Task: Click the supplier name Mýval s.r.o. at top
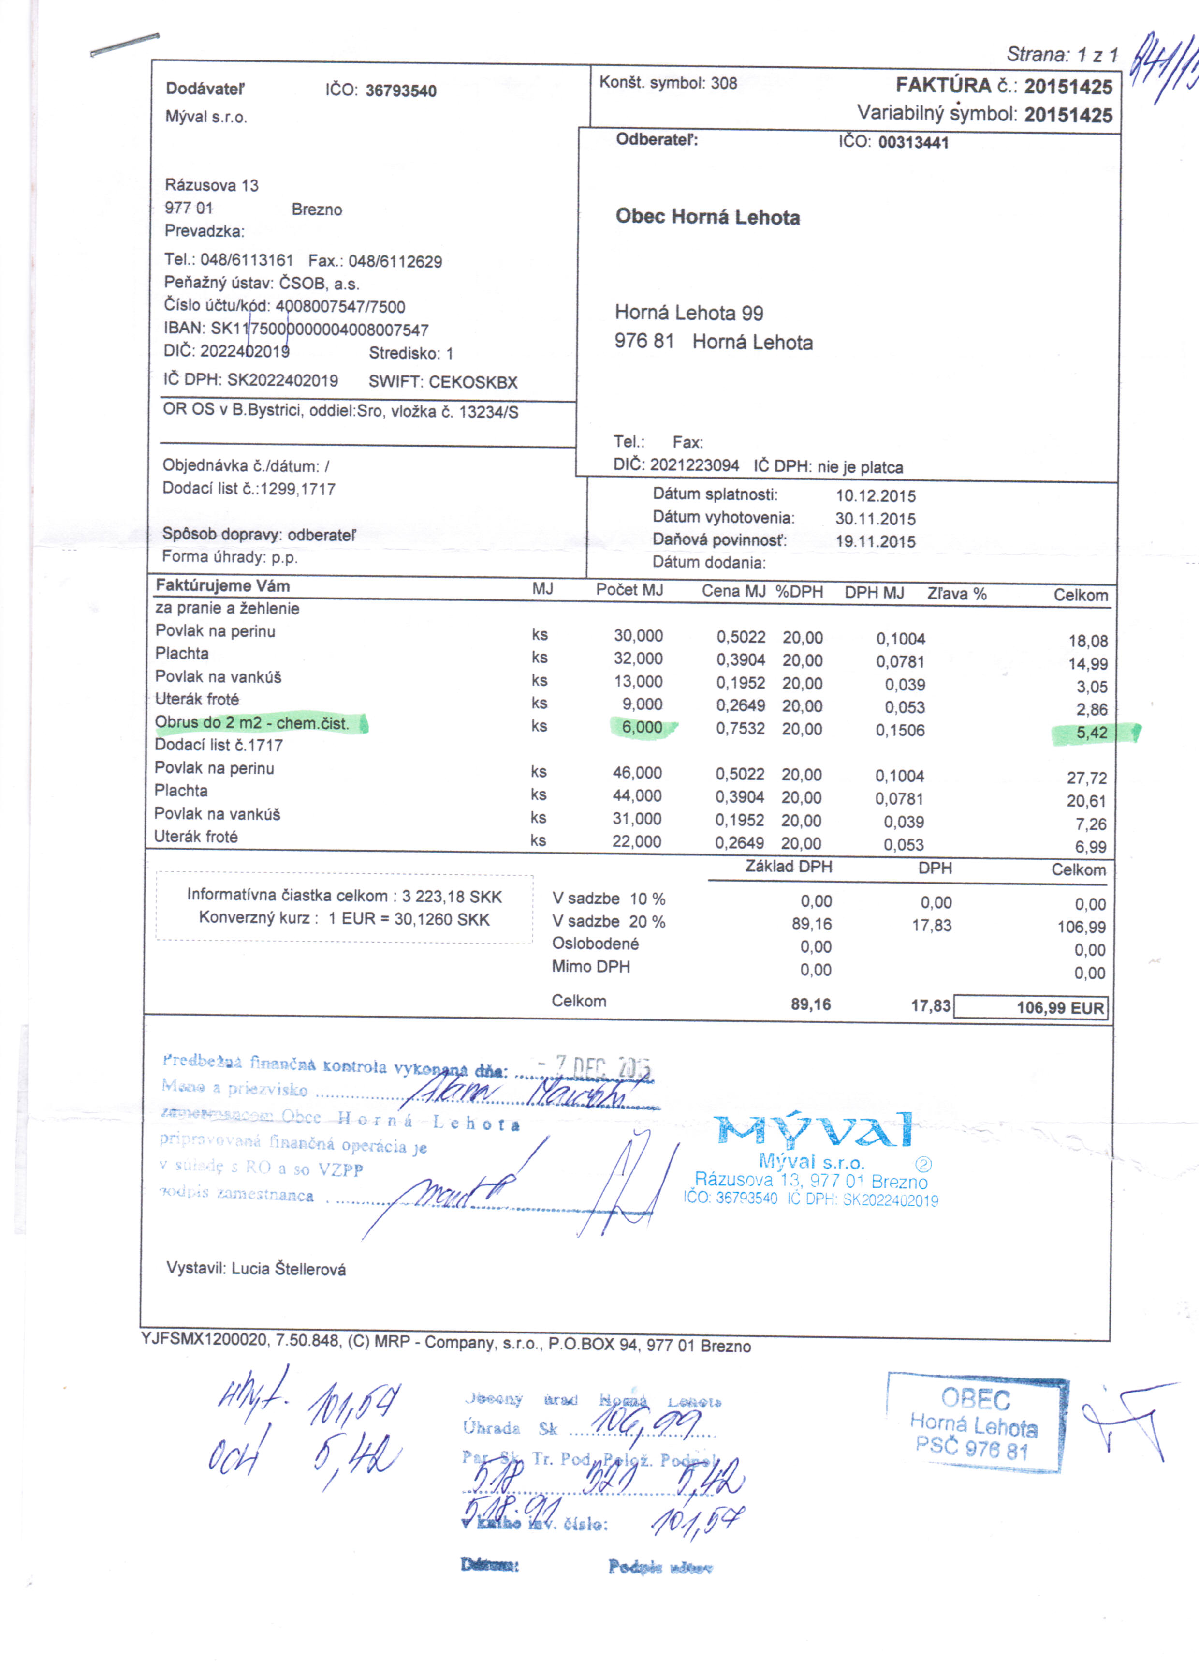tap(206, 117)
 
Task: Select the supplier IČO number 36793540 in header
tap(400, 91)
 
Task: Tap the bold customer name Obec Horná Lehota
tap(707, 217)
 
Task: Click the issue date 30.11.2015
tap(875, 519)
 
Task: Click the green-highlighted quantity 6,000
tap(642, 727)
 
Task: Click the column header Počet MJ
tap(629, 590)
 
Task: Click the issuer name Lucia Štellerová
tap(288, 1269)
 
